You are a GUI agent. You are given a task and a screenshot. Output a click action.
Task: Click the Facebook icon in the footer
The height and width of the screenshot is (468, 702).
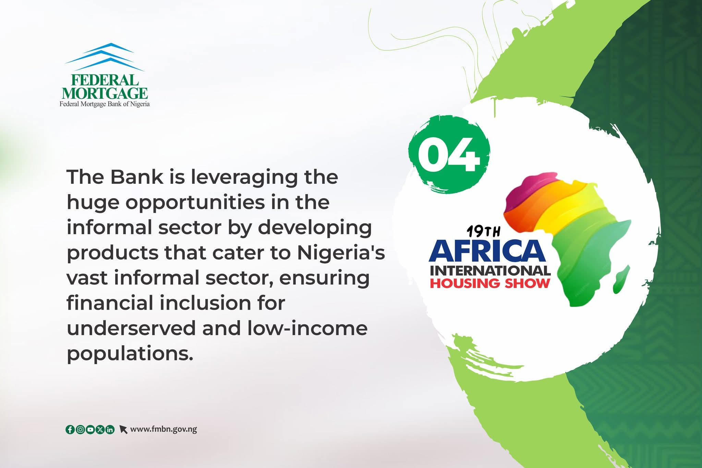(x=70, y=429)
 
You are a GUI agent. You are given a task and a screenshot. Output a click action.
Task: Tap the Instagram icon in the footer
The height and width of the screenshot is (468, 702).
(x=80, y=429)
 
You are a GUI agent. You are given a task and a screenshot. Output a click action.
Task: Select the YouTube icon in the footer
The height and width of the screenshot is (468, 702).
(x=90, y=429)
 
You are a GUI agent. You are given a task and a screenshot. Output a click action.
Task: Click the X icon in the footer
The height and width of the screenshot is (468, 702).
(x=100, y=429)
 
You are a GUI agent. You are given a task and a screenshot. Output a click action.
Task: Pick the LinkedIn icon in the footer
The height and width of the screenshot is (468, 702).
(x=110, y=429)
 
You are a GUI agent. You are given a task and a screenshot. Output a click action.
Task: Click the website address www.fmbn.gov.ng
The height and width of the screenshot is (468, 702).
(x=164, y=429)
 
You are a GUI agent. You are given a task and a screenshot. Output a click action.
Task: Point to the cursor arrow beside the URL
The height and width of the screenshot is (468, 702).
(x=123, y=430)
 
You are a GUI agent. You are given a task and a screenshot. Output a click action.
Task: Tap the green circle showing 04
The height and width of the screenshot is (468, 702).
(x=449, y=154)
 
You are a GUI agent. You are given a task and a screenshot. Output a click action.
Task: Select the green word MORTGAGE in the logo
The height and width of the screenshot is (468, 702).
(x=105, y=93)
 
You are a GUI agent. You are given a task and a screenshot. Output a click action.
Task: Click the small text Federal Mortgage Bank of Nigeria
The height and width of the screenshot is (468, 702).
(x=105, y=104)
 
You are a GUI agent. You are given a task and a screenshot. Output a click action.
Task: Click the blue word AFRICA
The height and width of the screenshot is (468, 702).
(x=487, y=251)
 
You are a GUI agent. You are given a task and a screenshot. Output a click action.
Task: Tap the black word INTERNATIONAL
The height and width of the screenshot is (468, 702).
(x=490, y=271)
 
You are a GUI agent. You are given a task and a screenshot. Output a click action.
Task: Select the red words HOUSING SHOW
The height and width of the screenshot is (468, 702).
(x=490, y=284)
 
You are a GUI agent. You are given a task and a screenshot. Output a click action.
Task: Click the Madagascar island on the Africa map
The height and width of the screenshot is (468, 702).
(x=621, y=279)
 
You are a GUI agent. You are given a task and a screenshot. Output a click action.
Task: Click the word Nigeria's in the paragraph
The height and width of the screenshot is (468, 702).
(x=341, y=252)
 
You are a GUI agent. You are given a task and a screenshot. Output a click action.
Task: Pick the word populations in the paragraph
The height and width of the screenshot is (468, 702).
(x=128, y=354)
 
